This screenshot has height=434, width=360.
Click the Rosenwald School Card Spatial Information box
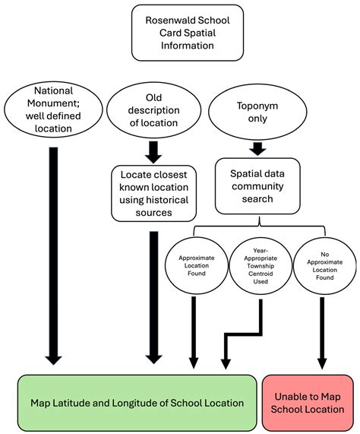click(188, 33)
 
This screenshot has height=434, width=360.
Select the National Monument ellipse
click(53, 109)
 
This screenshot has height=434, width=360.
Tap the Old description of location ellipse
click(153, 110)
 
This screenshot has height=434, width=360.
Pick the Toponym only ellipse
click(257, 112)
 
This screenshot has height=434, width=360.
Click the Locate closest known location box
click(153, 194)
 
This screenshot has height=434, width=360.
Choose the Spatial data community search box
click(257, 186)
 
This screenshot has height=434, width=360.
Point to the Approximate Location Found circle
click(196, 266)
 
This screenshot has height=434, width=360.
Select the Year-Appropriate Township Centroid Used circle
click(261, 266)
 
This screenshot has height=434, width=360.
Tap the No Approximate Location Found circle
click(324, 266)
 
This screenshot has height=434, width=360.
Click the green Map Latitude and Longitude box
click(137, 403)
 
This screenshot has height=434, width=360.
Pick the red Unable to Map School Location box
click(308, 403)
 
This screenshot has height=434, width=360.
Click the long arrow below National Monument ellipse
click(53, 256)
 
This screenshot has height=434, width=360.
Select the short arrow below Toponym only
click(257, 149)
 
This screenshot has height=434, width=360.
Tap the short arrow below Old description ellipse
click(153, 152)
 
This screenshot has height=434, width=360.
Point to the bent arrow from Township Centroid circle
click(243, 334)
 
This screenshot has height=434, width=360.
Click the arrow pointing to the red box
click(322, 333)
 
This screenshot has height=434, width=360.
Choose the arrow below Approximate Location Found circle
click(194, 333)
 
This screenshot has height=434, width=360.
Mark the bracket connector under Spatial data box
click(259, 227)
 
